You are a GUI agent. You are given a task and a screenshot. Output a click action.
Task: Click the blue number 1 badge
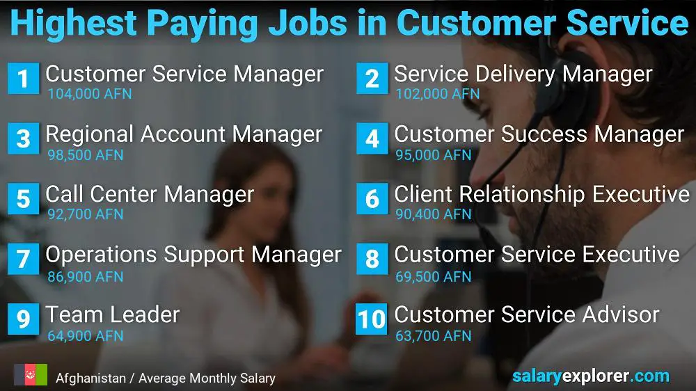[x=24, y=79]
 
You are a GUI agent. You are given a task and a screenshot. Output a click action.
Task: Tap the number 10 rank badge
[x=372, y=319]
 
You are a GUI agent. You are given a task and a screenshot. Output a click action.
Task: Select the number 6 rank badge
[x=372, y=198]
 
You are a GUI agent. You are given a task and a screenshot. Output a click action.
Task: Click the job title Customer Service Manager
[x=184, y=74]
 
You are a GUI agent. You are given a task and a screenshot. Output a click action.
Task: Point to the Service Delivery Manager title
[x=523, y=74]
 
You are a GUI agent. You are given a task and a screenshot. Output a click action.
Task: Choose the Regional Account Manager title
[x=184, y=134]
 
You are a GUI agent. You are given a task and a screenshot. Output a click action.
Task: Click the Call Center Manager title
[x=150, y=194]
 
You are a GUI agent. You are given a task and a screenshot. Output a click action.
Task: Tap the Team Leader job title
[x=113, y=314]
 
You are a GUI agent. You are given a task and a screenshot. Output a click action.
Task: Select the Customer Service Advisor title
[x=527, y=314]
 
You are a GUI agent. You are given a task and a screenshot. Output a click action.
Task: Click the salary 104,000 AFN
[x=90, y=94]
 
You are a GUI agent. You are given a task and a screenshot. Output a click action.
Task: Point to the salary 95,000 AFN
[x=433, y=155]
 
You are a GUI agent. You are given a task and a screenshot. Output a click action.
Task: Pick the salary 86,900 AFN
[x=85, y=276]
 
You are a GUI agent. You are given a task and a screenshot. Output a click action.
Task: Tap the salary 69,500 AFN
[x=433, y=276]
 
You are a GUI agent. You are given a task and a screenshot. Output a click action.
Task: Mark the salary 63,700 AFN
[x=433, y=336]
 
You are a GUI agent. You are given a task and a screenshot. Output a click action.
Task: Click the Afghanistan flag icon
[x=30, y=374]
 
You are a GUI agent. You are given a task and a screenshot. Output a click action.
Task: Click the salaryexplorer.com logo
[x=591, y=376]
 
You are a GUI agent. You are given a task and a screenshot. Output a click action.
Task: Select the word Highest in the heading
[x=74, y=23]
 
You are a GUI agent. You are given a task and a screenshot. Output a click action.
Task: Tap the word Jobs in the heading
[x=308, y=23]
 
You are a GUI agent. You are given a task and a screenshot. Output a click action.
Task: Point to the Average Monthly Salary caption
[x=207, y=378]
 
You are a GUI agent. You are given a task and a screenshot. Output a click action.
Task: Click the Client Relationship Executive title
[x=542, y=194]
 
